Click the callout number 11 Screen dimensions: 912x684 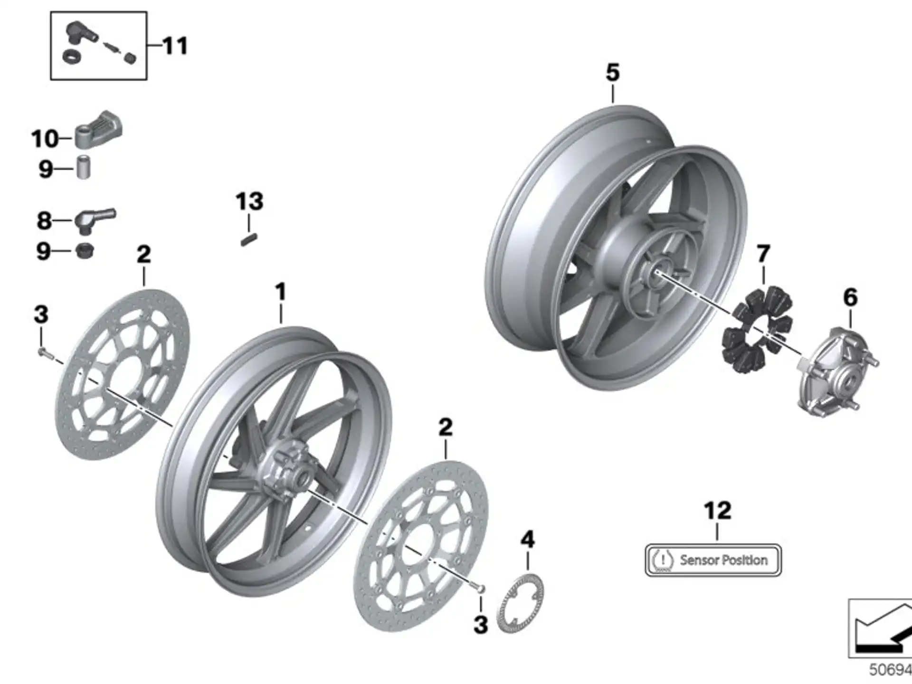pyautogui.click(x=175, y=46)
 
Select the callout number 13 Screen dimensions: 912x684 pyautogui.click(x=249, y=201)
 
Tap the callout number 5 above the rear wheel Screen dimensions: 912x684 pyautogui.click(x=613, y=73)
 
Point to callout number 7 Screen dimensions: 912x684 pyautogui.click(x=763, y=254)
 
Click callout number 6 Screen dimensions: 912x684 pyautogui.click(x=850, y=297)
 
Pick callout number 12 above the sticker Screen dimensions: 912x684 pyautogui.click(x=718, y=511)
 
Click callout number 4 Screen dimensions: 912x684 pyautogui.click(x=528, y=540)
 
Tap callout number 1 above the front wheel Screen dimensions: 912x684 pyautogui.click(x=281, y=292)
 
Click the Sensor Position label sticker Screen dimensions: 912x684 pyautogui.click(x=713, y=560)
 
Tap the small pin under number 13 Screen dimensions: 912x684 pyautogui.click(x=249, y=238)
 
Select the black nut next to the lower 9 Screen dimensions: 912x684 pyautogui.click(x=85, y=250)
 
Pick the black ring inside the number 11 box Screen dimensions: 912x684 pyautogui.click(x=72, y=57)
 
